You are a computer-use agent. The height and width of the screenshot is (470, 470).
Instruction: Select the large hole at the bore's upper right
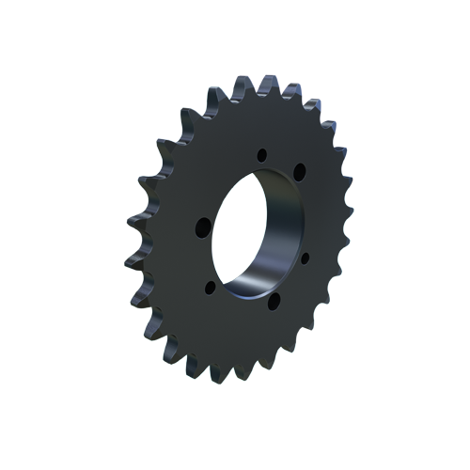pyautogui.click(x=299, y=171)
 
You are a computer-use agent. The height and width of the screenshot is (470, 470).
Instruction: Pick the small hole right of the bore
pyautogui.click(x=305, y=255)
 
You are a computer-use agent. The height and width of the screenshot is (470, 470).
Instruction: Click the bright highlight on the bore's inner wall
pyautogui.click(x=258, y=282)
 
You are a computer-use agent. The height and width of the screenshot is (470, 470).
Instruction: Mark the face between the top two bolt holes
pyautogui.click(x=281, y=156)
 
